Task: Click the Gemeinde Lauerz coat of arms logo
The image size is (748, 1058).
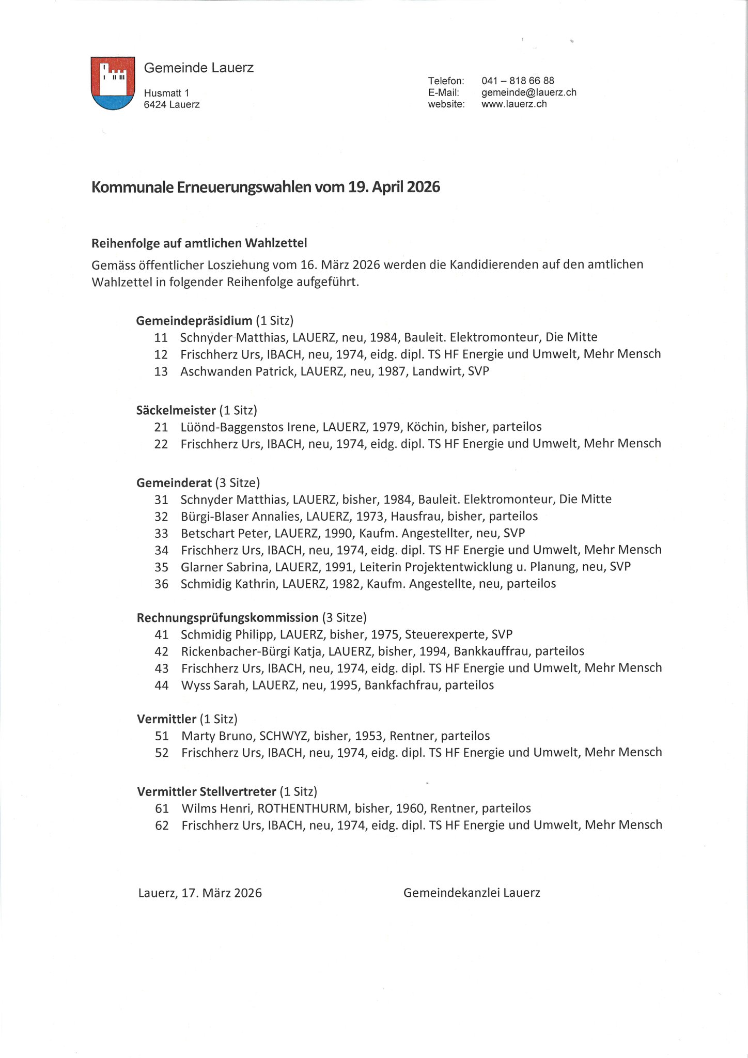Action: coord(113,83)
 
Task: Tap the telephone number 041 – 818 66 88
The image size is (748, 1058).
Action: coord(518,81)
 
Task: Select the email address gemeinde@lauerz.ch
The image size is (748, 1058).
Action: coord(528,92)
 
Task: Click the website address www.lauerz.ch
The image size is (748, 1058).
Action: coord(513,104)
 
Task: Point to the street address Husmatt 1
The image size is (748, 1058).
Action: coord(166,93)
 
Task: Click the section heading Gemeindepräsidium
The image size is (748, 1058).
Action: coord(194,321)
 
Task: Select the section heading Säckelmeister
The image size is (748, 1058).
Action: coord(176,410)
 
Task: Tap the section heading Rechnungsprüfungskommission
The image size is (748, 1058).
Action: coord(227,617)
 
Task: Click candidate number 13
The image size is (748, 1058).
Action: coord(161,371)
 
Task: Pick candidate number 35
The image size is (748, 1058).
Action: coord(161,567)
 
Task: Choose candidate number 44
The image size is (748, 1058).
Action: coord(162,686)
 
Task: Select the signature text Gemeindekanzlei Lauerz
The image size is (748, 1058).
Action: coord(472,893)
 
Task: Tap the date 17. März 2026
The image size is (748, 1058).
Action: coord(222,893)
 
